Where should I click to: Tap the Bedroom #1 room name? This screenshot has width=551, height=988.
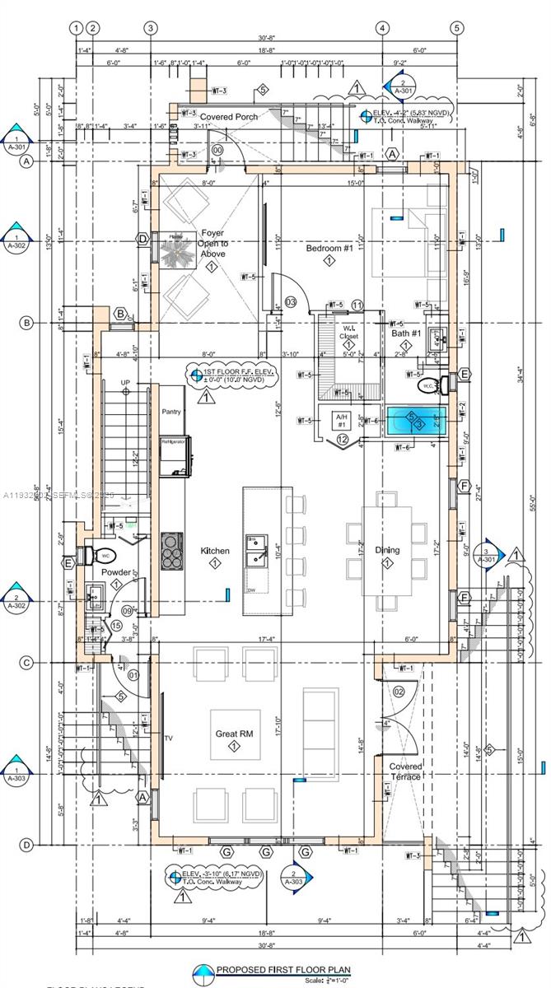(x=329, y=248)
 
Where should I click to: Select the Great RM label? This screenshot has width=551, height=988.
(x=234, y=734)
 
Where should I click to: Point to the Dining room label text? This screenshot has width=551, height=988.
(x=387, y=550)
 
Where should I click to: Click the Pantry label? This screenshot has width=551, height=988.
(x=171, y=411)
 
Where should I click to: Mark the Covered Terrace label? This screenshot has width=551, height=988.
(x=405, y=771)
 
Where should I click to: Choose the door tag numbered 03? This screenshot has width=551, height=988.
(x=290, y=301)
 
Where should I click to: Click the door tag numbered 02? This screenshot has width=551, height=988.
(x=399, y=691)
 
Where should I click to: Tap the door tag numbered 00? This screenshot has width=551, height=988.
(x=217, y=151)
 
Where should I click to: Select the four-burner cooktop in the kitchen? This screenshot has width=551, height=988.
(x=173, y=551)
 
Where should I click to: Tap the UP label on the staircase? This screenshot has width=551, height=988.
(x=125, y=383)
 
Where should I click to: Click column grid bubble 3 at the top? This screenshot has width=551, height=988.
(x=151, y=28)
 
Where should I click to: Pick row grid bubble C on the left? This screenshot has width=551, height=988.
(x=26, y=662)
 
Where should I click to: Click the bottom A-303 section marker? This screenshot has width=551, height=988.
(x=294, y=878)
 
